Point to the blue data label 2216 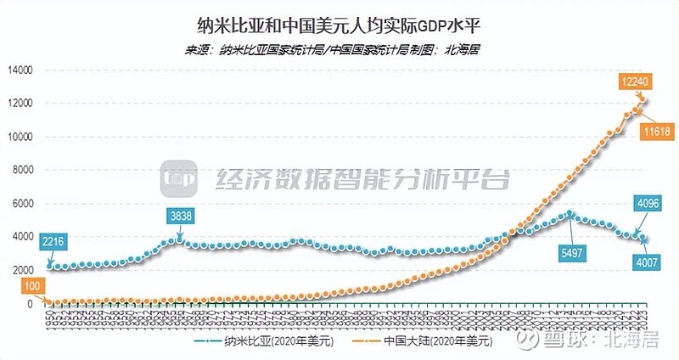click(x=53, y=241)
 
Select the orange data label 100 click(x=31, y=287)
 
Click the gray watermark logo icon click(x=180, y=179)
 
